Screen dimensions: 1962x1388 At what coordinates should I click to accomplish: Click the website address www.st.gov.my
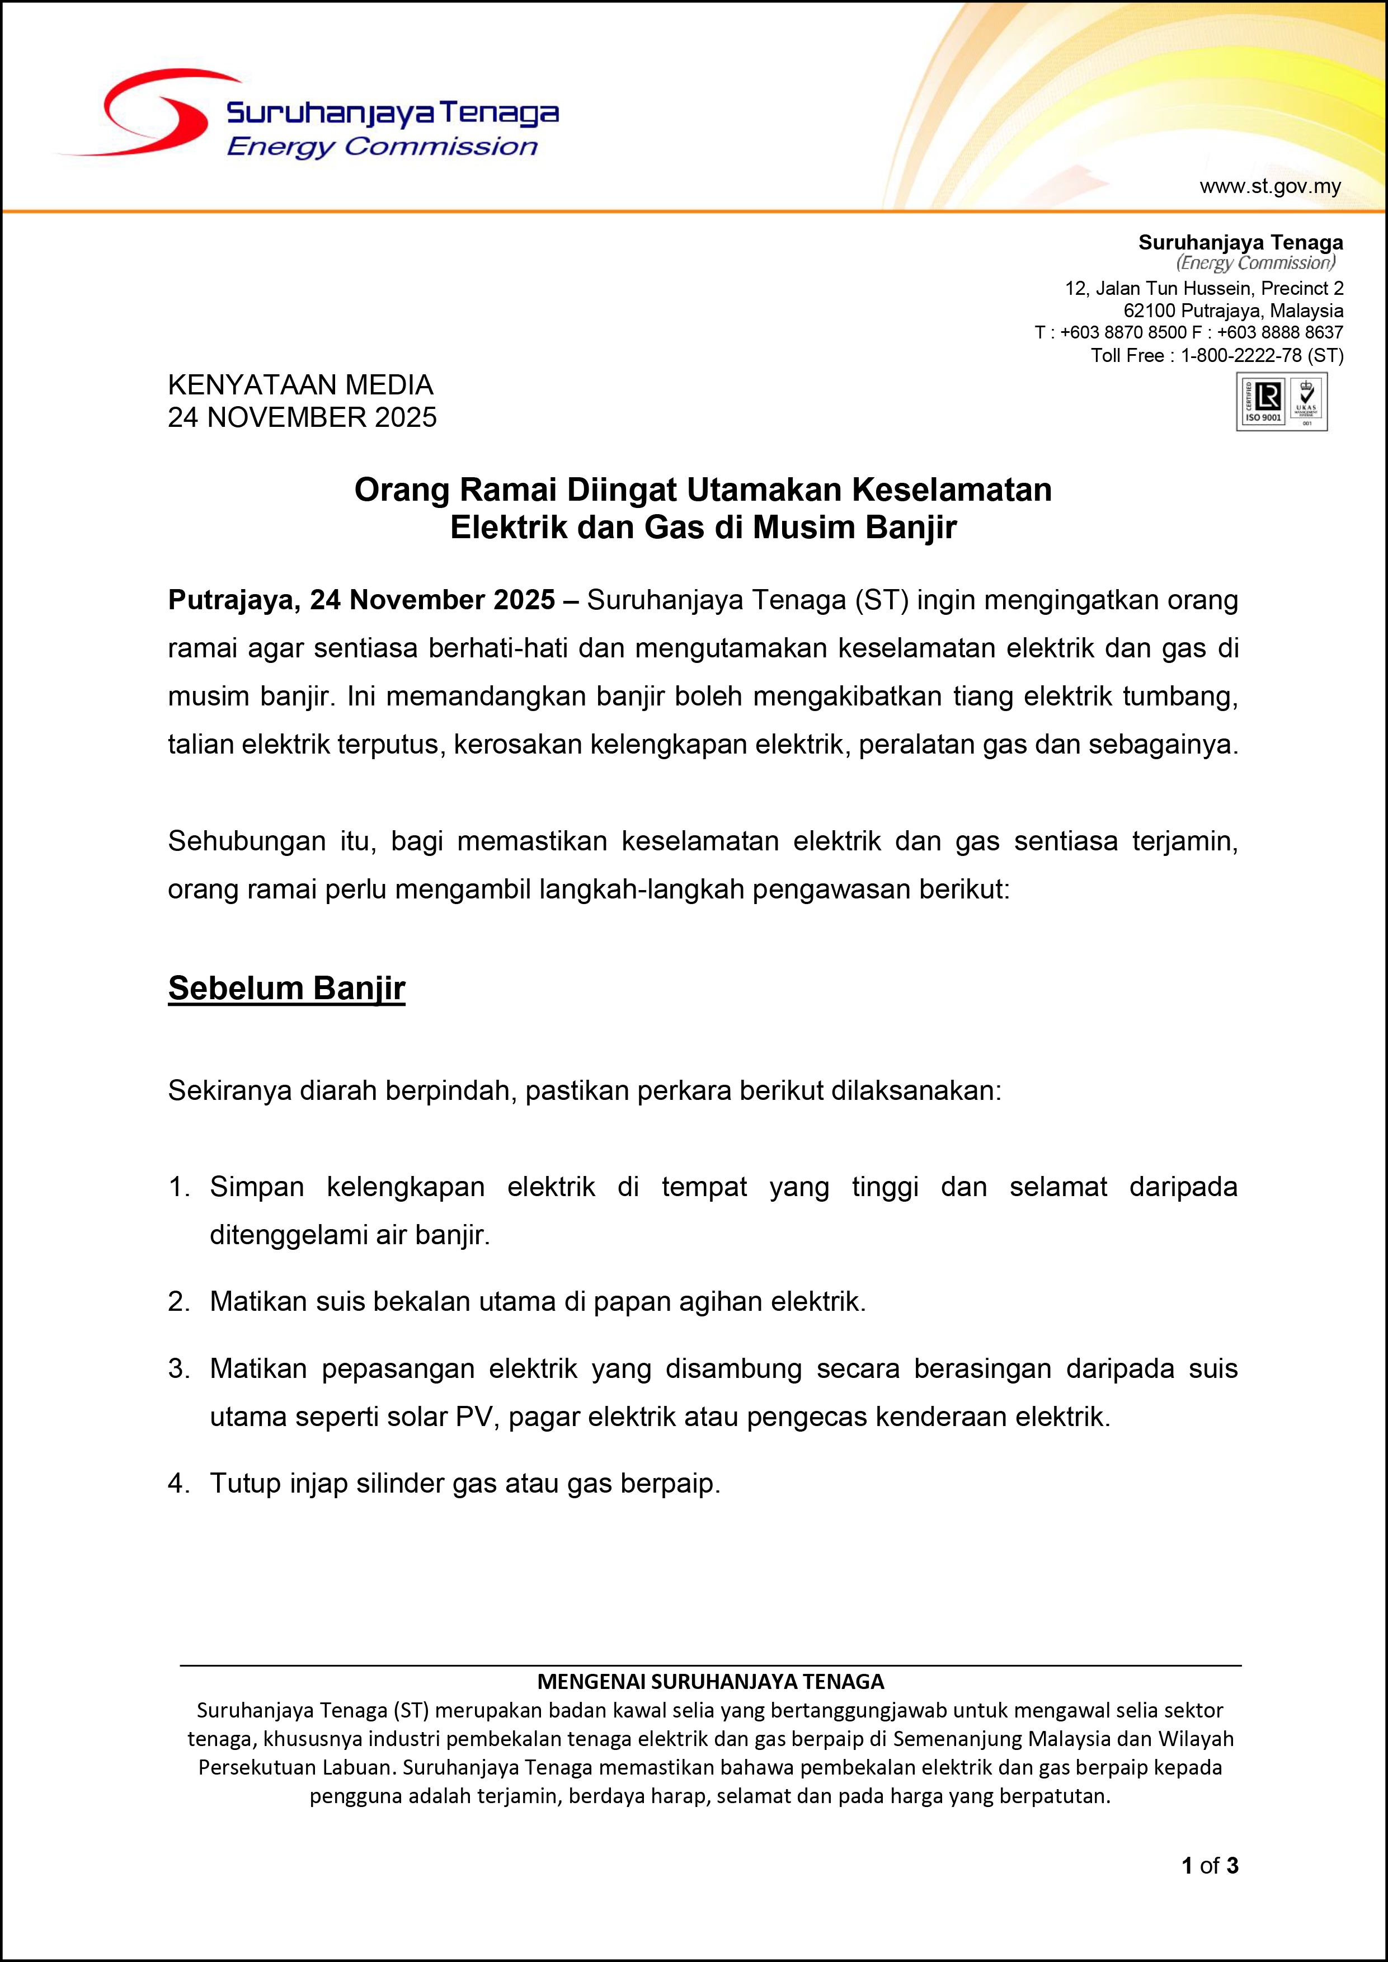[1270, 186]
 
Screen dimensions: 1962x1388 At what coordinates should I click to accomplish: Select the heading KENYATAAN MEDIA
[300, 384]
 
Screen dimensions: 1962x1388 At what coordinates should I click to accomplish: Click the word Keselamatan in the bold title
[951, 490]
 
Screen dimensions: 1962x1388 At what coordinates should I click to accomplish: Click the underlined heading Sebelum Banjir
[286, 988]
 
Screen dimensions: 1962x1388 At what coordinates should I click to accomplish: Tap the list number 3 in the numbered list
[178, 1368]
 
